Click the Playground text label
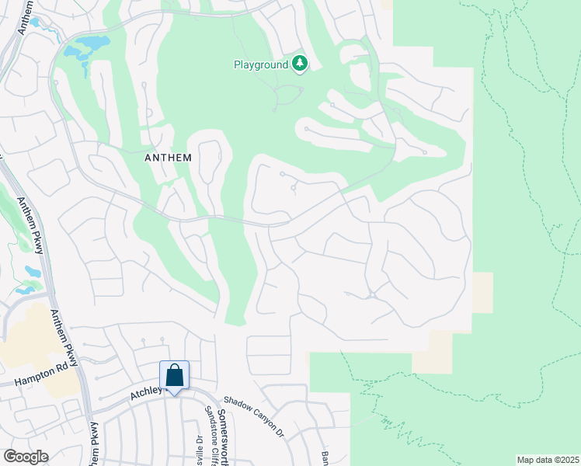coord(261,64)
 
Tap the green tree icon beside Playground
coord(300,64)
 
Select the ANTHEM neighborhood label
coord(168,156)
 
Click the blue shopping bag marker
coord(175,377)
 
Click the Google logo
coord(26,457)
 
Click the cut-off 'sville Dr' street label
coord(198,451)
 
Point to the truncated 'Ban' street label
coord(326,457)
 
